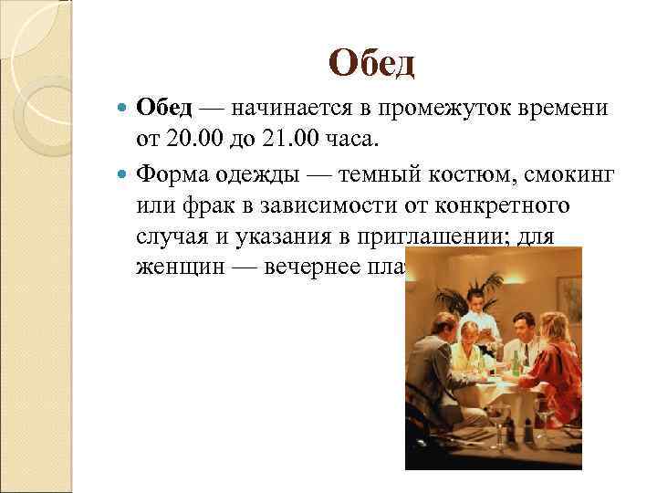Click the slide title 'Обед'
pyautogui.click(x=371, y=63)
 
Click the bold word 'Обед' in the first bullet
pyautogui.click(x=164, y=110)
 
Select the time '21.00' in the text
pyautogui.click(x=279, y=140)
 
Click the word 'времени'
pyautogui.click(x=562, y=110)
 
